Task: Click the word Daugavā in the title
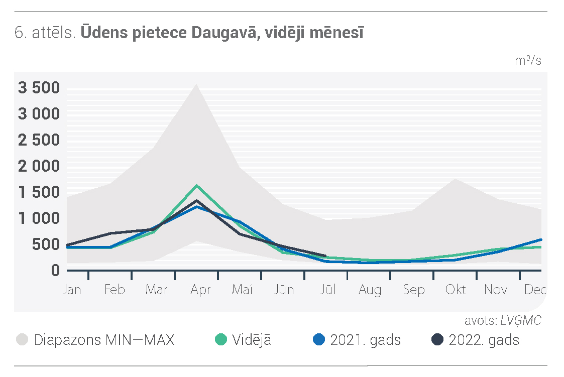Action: pyautogui.click(x=224, y=33)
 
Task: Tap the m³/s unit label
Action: pyautogui.click(x=528, y=60)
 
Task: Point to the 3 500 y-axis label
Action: pyautogui.click(x=39, y=88)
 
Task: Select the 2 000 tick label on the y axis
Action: pyautogui.click(x=39, y=166)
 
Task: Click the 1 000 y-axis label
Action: pyautogui.click(x=39, y=218)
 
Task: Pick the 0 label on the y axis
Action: pyautogui.click(x=55, y=270)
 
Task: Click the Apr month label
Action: pyautogui.click(x=200, y=290)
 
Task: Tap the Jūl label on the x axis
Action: pyautogui.click(x=327, y=289)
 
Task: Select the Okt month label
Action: pyautogui.click(x=456, y=289)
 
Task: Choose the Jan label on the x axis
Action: pyautogui.click(x=72, y=289)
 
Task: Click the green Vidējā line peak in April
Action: pyautogui.click(x=197, y=185)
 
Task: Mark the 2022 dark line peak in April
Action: pyautogui.click(x=197, y=201)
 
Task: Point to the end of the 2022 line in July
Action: pyautogui.click(x=325, y=256)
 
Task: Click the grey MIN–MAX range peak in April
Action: pyautogui.click(x=196, y=84)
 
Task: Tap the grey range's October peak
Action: pyautogui.click(x=456, y=179)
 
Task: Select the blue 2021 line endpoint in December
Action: pyautogui.click(x=540, y=240)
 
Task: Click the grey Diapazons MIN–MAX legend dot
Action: pyautogui.click(x=22, y=340)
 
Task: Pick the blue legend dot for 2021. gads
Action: pyautogui.click(x=319, y=340)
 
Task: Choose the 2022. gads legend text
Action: pyautogui.click(x=484, y=340)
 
